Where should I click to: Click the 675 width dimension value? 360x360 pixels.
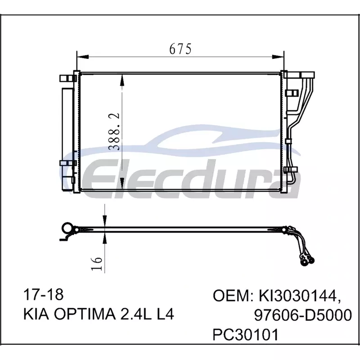click(180, 49)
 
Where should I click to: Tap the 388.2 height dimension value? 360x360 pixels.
click(114, 131)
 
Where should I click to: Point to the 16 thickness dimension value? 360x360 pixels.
click(96, 264)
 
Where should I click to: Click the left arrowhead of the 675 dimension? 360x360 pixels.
click(82, 57)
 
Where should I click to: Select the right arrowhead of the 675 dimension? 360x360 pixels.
click(278, 57)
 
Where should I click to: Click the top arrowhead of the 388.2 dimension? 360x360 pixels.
click(121, 81)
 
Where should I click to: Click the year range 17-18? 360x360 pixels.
click(43, 295)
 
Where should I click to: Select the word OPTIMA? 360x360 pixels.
click(85, 314)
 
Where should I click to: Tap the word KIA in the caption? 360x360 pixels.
click(36, 314)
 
